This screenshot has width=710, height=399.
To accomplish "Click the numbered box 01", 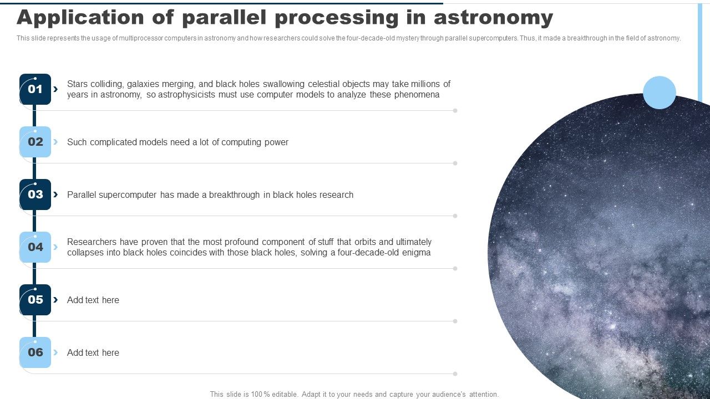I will pos(35,89).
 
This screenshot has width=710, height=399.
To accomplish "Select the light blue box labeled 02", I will pos(35,142).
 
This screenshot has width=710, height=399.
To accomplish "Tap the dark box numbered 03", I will pos(35,195).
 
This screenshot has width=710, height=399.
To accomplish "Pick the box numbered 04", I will pos(35,247).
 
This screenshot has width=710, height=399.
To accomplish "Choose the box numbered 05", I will pos(35,300).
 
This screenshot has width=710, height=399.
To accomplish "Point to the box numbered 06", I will pos(35,352).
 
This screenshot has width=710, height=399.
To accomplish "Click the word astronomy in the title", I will pos(493,18).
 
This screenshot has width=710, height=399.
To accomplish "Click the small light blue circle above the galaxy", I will pos(660,93).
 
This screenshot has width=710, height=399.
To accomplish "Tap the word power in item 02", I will pos(276,142).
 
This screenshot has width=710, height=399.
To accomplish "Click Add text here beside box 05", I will pos(93,300).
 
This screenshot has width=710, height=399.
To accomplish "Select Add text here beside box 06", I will pos(93,353).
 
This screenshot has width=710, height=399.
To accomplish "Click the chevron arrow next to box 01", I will pos(55,89).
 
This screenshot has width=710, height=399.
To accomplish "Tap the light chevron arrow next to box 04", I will pos(55,247).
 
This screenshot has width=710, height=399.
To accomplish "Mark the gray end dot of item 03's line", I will pos(455,216).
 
